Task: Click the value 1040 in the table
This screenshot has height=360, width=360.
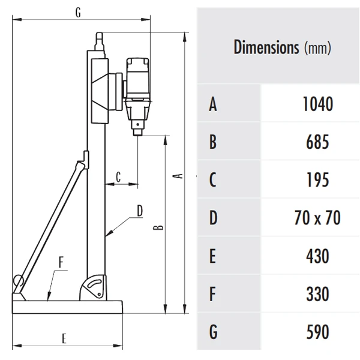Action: [316, 104]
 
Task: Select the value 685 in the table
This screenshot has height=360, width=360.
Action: [316, 142]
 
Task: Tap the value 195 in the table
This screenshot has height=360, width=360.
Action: [316, 180]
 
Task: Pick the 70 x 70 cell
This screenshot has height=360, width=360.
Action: [316, 218]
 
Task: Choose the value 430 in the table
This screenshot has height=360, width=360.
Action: [316, 256]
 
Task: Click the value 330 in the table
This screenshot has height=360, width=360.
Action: [316, 294]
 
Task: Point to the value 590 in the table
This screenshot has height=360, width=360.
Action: [316, 332]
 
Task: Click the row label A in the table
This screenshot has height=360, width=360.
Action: [212, 104]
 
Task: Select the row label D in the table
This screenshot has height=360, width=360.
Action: [212, 218]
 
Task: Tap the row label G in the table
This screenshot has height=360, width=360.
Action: [212, 332]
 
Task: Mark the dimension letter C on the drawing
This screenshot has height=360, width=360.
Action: [118, 177]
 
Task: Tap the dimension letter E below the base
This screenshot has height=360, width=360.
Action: [64, 338]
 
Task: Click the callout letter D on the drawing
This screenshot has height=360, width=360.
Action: [139, 211]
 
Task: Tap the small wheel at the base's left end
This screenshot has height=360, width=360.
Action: [18, 280]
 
